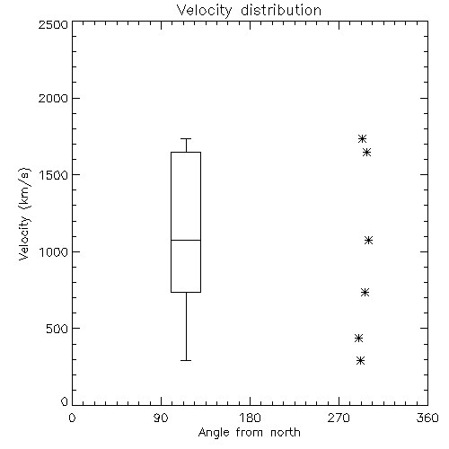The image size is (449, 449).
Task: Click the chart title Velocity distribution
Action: [x=249, y=11]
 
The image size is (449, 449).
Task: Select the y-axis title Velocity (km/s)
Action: [x=24, y=214]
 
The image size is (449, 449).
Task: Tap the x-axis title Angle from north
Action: [x=249, y=433]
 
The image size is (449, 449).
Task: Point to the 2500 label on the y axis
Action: [x=53, y=24]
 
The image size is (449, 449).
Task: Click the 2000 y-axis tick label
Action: [x=53, y=98]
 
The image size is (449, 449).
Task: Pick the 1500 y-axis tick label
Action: [x=54, y=175]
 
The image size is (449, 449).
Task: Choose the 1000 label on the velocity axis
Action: [x=54, y=252]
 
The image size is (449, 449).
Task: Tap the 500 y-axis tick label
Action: [x=57, y=329]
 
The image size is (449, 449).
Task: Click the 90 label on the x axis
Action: [x=161, y=418]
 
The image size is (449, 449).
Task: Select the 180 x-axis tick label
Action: [x=250, y=418]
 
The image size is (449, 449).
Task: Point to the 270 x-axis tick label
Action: [x=339, y=418]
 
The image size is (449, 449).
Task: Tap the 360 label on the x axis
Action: [x=427, y=418]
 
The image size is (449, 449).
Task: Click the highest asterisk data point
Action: [x=363, y=138]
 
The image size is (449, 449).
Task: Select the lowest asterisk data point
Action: [x=361, y=360]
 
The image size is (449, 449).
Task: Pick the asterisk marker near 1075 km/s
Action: [x=368, y=240]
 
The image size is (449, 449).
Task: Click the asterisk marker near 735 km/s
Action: [x=365, y=292]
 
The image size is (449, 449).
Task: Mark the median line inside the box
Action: [x=186, y=240]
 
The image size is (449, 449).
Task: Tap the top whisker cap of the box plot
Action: [x=186, y=138]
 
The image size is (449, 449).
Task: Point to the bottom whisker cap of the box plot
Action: [x=186, y=360]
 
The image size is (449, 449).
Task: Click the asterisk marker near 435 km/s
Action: [x=358, y=339]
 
